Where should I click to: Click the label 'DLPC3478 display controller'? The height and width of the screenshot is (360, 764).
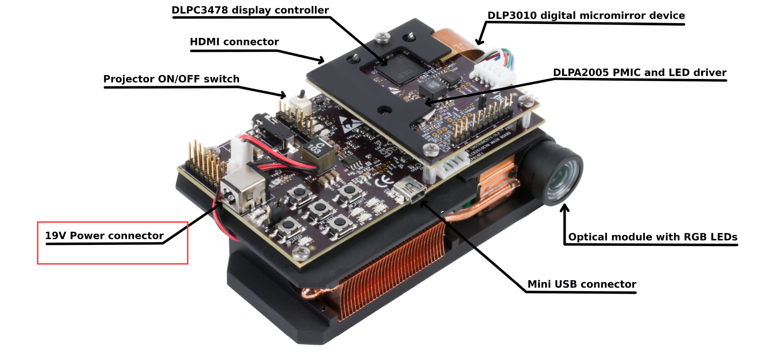(250, 10)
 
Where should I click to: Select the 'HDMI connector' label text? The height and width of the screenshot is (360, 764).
(234, 42)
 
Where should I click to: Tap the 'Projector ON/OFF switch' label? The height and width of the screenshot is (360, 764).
(171, 79)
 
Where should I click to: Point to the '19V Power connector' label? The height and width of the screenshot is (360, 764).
(104, 236)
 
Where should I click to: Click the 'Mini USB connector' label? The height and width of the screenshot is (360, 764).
(582, 284)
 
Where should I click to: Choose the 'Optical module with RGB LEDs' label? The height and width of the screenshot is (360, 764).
(652, 237)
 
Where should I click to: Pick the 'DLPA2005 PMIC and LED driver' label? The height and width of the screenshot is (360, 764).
(639, 72)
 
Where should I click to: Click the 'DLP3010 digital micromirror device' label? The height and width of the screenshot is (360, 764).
(586, 16)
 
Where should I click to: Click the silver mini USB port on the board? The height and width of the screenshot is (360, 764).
(409, 191)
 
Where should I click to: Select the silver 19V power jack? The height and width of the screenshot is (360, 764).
(242, 191)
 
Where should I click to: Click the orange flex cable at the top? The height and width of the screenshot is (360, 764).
(454, 41)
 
